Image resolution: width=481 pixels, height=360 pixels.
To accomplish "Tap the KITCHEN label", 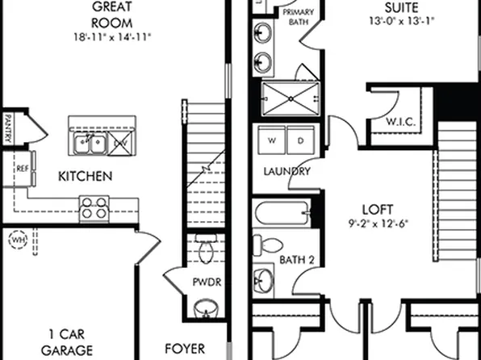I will pyautogui.click(x=85, y=176).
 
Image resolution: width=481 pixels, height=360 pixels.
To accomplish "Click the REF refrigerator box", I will pyautogui.click(x=22, y=170).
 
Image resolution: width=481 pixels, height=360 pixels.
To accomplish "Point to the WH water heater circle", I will pyautogui.click(x=18, y=240).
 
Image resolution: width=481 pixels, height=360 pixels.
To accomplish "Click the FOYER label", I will pyautogui.click(x=184, y=350).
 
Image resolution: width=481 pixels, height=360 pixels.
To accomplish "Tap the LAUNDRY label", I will pyautogui.click(x=287, y=171).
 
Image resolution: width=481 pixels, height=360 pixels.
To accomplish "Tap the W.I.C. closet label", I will pyautogui.click(x=400, y=123).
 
